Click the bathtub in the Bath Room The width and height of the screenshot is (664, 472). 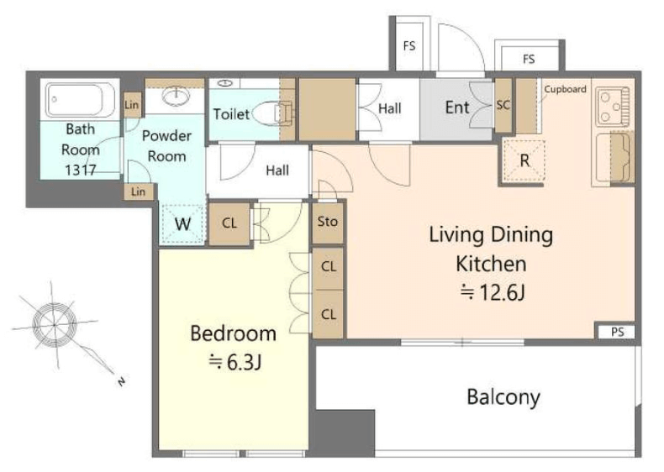pyautogui.click(x=80, y=100)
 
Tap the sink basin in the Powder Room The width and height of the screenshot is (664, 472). pyautogui.click(x=177, y=97)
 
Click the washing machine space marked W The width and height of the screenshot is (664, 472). pyautogui.click(x=182, y=223)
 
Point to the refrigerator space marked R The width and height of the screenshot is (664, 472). pyautogui.click(x=524, y=160)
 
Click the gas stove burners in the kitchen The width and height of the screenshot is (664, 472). pyautogui.click(x=614, y=107)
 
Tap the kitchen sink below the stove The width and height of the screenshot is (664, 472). pyautogui.click(x=612, y=158)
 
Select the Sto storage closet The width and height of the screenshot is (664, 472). pyautogui.click(x=327, y=222)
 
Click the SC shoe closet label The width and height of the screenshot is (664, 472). pyautogui.click(x=503, y=104)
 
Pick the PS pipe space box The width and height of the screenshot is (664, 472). pyautogui.click(x=617, y=332)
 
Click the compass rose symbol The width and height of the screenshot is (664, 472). pyautogui.click(x=55, y=325)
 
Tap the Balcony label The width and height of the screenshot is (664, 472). pyautogui.click(x=503, y=397)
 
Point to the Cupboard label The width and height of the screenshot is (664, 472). pyautogui.click(x=565, y=89)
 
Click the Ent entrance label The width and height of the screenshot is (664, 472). pyautogui.click(x=457, y=108)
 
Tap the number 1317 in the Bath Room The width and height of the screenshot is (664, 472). pyautogui.click(x=81, y=170)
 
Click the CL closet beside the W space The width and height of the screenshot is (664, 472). pyautogui.click(x=229, y=223)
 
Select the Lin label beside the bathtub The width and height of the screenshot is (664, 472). pyautogui.click(x=132, y=104)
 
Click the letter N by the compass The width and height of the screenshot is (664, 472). pyautogui.click(x=122, y=382)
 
